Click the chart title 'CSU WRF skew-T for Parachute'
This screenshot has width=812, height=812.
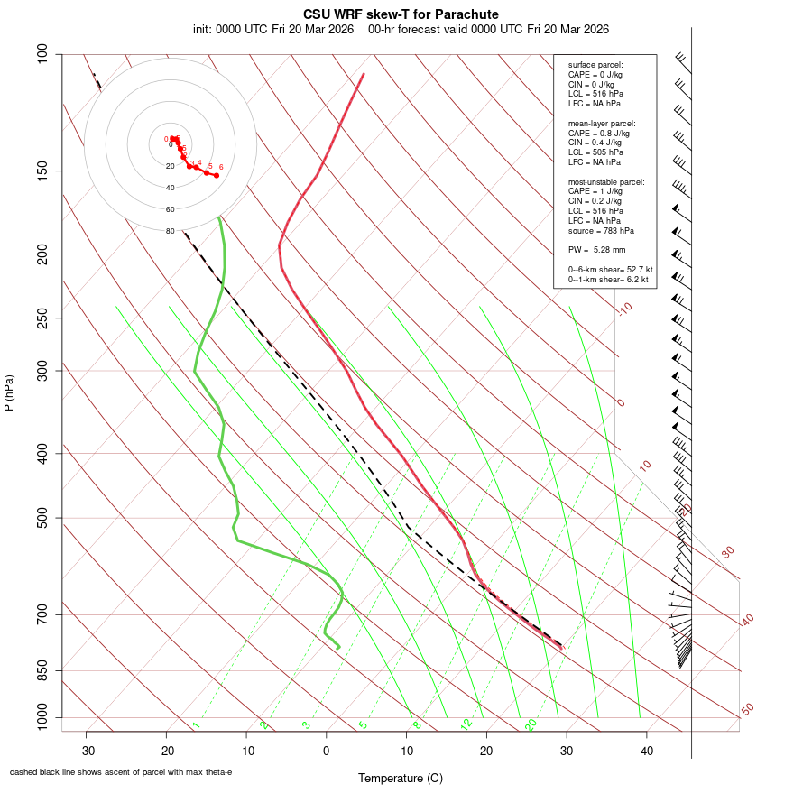point(401,14)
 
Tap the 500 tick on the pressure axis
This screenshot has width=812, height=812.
point(43,518)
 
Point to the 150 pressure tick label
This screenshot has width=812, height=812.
point(43,171)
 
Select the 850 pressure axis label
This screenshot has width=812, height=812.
point(43,670)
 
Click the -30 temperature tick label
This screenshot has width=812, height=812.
point(87,751)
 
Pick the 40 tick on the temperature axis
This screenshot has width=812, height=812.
point(646,751)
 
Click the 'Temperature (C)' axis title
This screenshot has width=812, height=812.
point(401,778)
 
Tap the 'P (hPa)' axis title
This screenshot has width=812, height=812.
point(9,392)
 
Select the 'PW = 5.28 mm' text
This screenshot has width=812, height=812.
point(596,250)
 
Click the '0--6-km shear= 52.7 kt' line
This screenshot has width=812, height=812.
point(610,270)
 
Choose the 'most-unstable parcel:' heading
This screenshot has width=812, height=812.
point(606,182)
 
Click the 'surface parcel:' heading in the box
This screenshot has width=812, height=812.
point(595,65)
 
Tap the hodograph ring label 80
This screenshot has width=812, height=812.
point(170,231)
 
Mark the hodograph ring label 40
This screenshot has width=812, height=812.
point(170,188)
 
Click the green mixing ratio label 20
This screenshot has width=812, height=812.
point(531,724)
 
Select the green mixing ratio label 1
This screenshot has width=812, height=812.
point(196,724)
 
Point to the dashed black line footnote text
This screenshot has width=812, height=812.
point(121,772)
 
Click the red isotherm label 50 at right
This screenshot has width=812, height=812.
point(747,709)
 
